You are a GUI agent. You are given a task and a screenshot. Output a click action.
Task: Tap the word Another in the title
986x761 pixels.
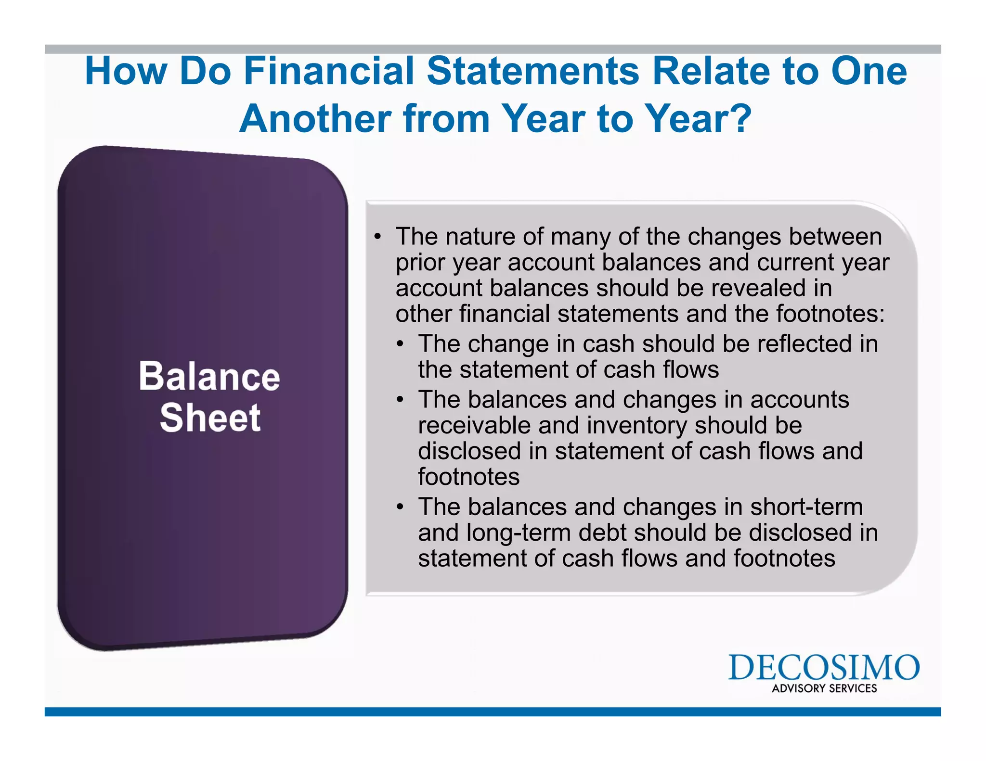[x=315, y=119]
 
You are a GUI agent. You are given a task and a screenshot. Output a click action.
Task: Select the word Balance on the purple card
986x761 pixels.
[x=209, y=376]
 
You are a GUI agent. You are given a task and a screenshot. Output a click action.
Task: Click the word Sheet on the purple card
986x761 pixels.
[x=210, y=418]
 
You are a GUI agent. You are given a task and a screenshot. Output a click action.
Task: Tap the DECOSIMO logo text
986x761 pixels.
[x=824, y=668]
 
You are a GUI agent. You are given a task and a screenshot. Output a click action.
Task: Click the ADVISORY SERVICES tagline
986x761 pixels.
[x=824, y=688]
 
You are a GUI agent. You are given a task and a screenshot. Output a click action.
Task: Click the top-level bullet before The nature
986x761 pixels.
[x=378, y=237]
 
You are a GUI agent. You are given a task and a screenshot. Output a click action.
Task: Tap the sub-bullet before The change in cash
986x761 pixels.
[x=400, y=344]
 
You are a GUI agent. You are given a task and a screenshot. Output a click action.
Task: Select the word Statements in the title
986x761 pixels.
[x=533, y=71]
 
